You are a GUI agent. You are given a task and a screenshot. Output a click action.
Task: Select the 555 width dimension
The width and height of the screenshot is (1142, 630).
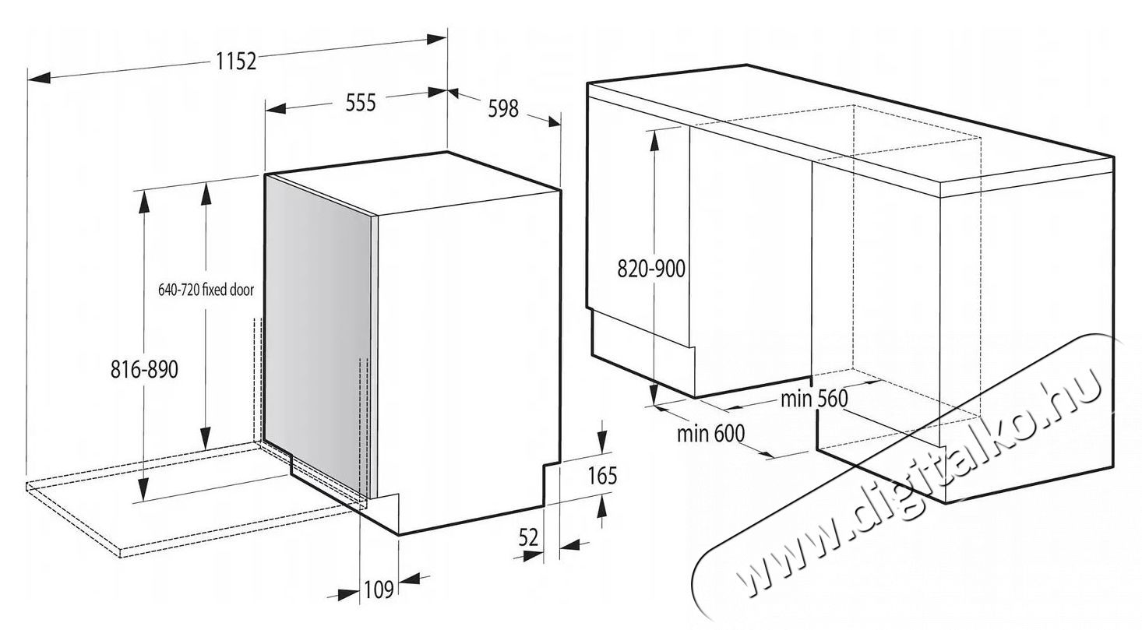pos(359,103)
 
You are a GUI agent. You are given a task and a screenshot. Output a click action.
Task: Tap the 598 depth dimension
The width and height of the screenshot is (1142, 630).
pos(503,108)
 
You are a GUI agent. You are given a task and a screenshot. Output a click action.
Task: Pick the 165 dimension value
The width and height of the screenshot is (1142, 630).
pos(601,474)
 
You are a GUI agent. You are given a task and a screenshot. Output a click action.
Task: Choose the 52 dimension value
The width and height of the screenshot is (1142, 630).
pos(528,537)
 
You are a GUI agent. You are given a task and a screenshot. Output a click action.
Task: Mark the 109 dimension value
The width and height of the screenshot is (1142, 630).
pos(379,590)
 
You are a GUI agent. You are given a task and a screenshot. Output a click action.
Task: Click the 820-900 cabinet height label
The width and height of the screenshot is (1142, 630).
pos(651,269)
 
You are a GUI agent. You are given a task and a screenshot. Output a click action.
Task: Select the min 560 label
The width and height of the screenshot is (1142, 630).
pos(814,399)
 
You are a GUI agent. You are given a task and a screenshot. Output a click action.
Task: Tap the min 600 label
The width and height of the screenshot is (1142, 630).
pos(710,433)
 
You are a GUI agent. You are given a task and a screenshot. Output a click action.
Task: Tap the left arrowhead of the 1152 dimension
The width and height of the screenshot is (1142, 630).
pos(39,77)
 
